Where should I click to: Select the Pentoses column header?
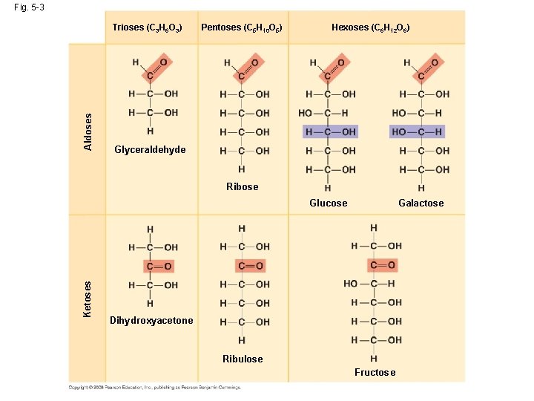[242, 27]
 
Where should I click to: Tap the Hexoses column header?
[370, 27]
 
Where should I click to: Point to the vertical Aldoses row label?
[88, 131]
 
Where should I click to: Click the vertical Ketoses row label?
[88, 299]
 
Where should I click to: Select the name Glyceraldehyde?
[150, 150]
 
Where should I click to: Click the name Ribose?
[243, 186]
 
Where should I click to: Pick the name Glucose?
[329, 203]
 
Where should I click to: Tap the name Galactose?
[421, 203]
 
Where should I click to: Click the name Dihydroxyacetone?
[151, 321]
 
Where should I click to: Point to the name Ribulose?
[243, 359]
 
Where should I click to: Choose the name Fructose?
[375, 372]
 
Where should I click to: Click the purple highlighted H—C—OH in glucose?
[331, 131]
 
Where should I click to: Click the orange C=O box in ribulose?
[250, 266]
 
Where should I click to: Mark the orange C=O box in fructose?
[381, 265]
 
